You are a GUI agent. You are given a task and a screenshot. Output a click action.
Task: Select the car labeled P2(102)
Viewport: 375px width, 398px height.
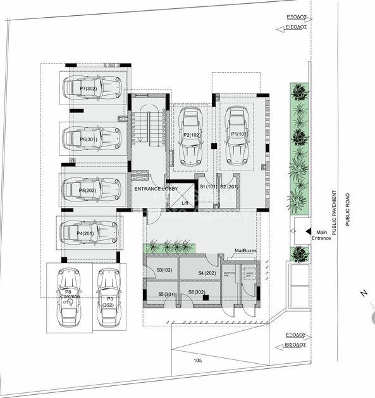pyautogui.click(x=191, y=136)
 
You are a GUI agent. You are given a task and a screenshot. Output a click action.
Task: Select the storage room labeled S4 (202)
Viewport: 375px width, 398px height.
pyautogui.click(x=207, y=273)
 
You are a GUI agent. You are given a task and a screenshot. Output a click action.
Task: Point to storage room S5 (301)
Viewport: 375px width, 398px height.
pyautogui.click(x=166, y=294)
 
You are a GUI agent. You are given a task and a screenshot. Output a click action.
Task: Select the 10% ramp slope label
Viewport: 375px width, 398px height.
pyautogui.click(x=198, y=360)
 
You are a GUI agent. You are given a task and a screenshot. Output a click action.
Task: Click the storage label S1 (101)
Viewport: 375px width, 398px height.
pyautogui.click(x=209, y=187)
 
